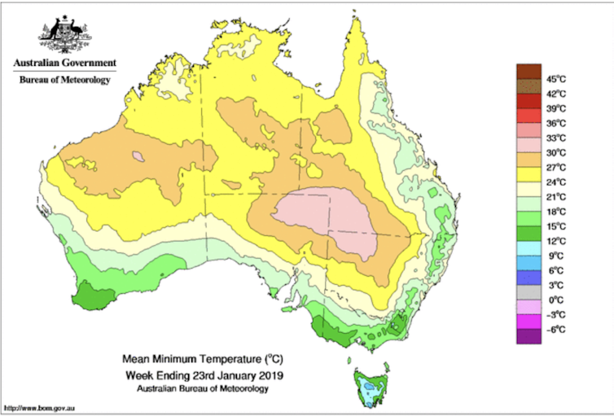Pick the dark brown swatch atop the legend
(x=527, y=71)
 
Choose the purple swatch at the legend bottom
(x=527, y=335)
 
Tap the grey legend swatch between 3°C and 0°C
(x=527, y=291)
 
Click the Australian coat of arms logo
(x=64, y=34)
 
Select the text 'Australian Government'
(x=64, y=63)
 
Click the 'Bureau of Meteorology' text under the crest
(x=64, y=80)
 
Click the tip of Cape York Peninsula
(x=356, y=24)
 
